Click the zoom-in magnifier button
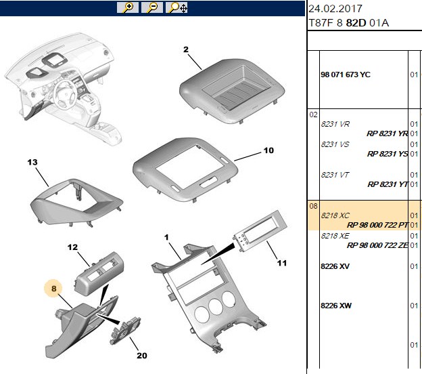pyautogui.click(x=128, y=7)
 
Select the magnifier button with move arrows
pyautogui.click(x=177, y=7)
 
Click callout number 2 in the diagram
pyautogui.click(x=186, y=49)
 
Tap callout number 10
pyautogui.click(x=268, y=150)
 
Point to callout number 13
pyautogui.click(x=32, y=163)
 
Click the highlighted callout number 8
pyautogui.click(x=54, y=289)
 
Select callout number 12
pyautogui.click(x=72, y=247)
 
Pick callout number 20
pyautogui.click(x=142, y=356)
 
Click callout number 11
pyautogui.click(x=282, y=263)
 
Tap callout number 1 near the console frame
pyautogui.click(x=166, y=237)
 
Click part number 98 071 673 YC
pyautogui.click(x=346, y=75)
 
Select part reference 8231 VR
pyautogui.click(x=335, y=124)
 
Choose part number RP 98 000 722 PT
pyautogui.click(x=377, y=225)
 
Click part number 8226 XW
pyautogui.click(x=336, y=306)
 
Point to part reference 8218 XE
pyautogui.click(x=335, y=236)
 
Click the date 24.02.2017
pyautogui.click(x=335, y=9)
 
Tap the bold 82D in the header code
pyautogui.click(x=356, y=23)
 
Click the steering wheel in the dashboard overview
pyautogui.click(x=64, y=95)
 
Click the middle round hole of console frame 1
pyautogui.click(x=216, y=307)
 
